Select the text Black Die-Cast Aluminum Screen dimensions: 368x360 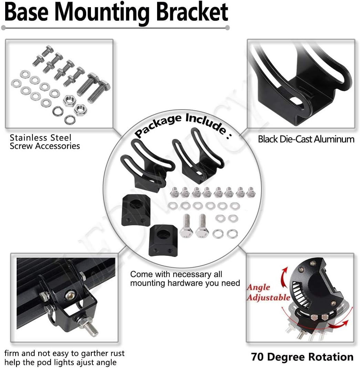pos(306,139)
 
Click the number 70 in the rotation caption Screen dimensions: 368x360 pos(258,357)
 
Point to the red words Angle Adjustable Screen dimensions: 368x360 pos(268,292)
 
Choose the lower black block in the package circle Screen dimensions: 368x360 pos(162,239)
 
